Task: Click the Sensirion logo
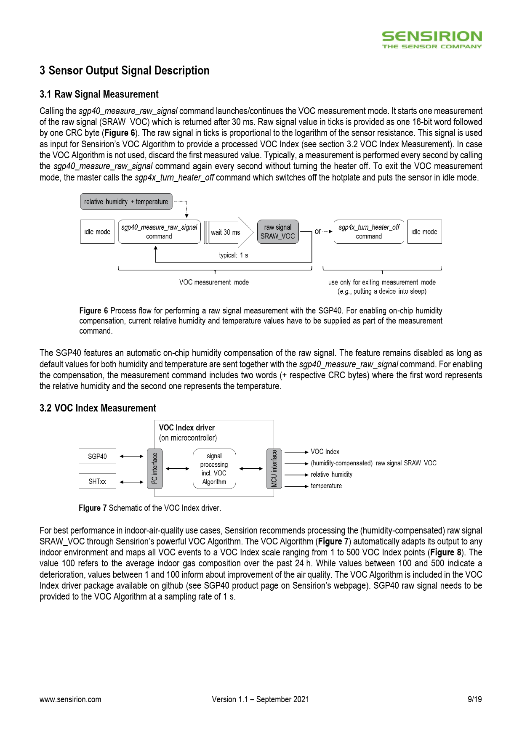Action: point(431,40)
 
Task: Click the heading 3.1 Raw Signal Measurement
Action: point(99,94)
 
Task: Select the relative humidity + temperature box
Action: point(126,202)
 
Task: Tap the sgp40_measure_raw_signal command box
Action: point(159,232)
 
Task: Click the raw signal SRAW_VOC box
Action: point(278,232)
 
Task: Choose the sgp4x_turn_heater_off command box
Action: point(369,232)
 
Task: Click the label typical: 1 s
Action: point(233,255)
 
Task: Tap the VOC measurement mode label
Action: point(214,282)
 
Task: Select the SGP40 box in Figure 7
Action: point(97,457)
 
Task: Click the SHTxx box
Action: point(97,481)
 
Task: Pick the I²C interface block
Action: point(154,469)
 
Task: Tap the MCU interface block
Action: point(274,469)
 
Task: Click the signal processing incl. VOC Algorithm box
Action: point(214,469)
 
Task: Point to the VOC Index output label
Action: point(325,452)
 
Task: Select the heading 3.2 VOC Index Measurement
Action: point(98,408)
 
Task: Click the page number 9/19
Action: point(474,699)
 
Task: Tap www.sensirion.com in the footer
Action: point(70,699)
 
